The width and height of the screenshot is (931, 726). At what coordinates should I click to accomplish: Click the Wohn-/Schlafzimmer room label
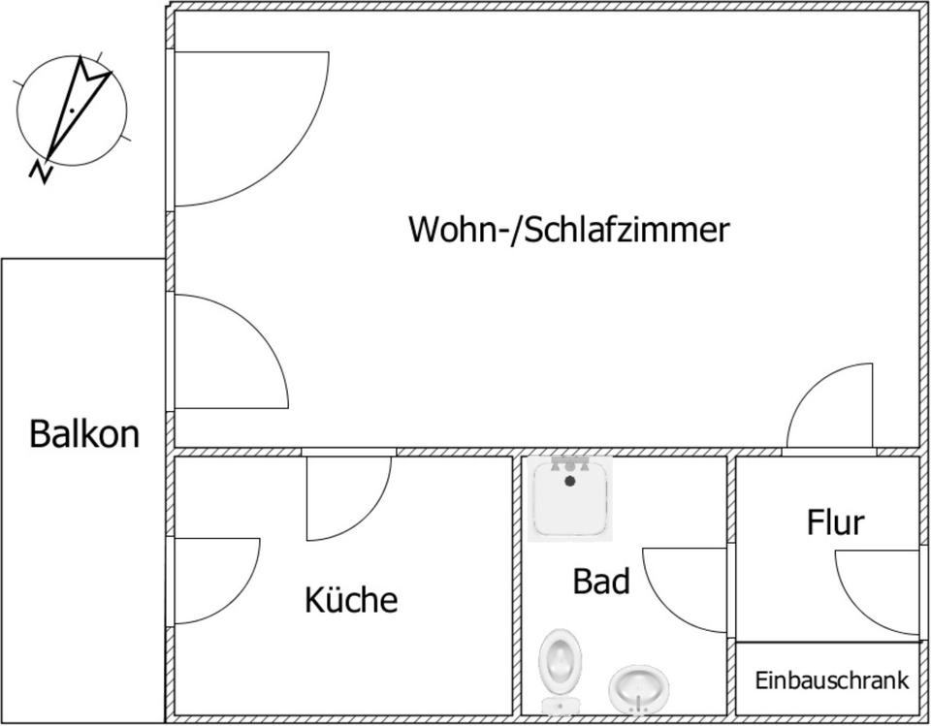point(568,231)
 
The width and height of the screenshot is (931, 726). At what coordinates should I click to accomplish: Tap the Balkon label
point(83,433)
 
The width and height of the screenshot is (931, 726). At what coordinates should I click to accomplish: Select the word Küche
point(351,600)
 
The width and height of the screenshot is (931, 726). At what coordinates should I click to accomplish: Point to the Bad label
point(601,582)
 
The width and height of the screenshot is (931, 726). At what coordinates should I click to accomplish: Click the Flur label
point(835,522)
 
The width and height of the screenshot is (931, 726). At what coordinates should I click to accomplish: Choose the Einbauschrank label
point(832,680)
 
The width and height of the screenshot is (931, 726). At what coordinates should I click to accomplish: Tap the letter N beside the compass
point(41,171)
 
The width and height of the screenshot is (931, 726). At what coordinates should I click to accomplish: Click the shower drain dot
point(570,481)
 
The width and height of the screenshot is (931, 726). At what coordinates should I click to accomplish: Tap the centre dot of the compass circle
point(72,112)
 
